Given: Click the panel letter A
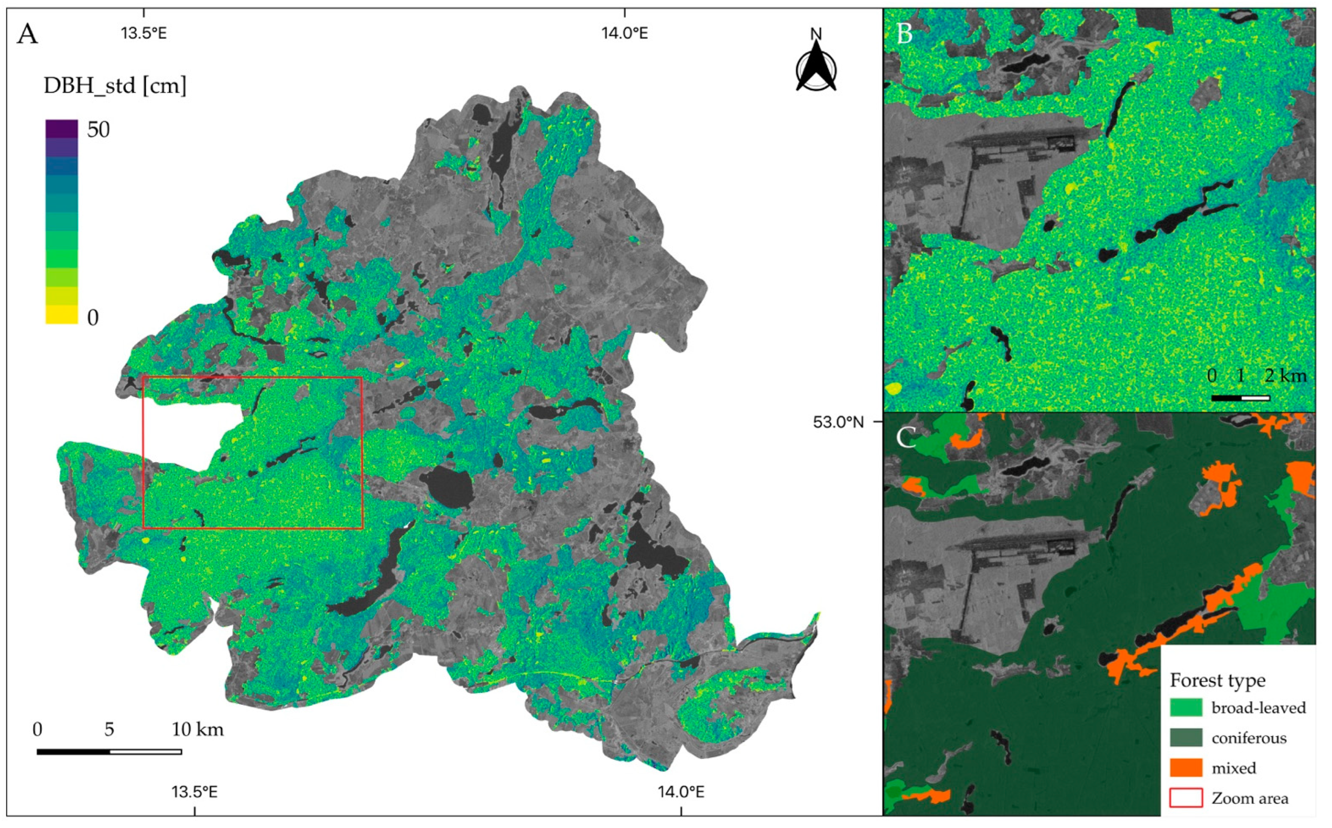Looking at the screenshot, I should [28, 34].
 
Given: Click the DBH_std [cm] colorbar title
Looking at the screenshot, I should [115, 86].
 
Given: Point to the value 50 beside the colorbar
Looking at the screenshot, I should [98, 130].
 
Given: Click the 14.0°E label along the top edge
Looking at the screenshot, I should [625, 33].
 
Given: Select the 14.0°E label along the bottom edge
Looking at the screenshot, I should [681, 792].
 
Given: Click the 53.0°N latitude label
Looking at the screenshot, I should [838, 422].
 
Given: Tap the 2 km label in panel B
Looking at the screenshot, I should [1285, 376].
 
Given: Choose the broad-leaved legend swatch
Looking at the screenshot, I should [1187, 707].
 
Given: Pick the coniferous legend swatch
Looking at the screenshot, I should [1187, 738].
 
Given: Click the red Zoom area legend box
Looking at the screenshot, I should [1187, 798].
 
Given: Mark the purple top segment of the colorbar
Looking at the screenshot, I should [61, 128].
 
